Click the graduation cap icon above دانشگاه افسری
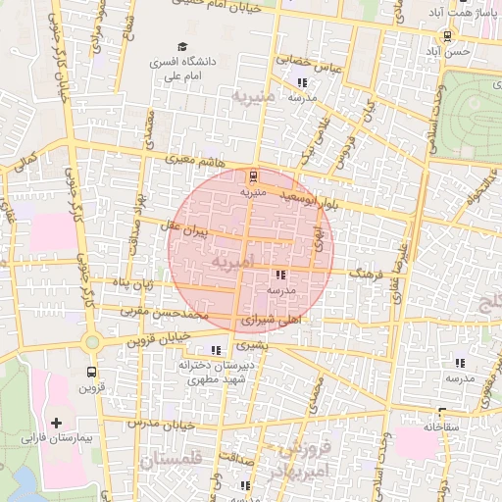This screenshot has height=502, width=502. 181,46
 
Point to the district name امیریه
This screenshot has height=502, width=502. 232,261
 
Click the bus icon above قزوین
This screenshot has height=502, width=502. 91,372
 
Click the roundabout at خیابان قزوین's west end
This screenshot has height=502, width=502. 94,342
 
